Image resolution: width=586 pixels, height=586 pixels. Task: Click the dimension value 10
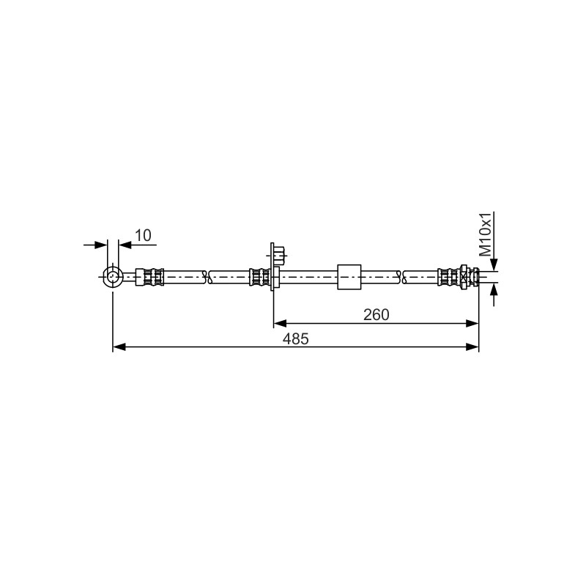coord(143,235)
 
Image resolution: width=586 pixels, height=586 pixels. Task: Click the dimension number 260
coord(377,315)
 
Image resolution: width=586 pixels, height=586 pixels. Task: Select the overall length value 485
coord(296,339)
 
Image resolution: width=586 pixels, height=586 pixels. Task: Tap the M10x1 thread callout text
coord(486,234)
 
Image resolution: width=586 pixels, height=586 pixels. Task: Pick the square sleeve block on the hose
coord(349,277)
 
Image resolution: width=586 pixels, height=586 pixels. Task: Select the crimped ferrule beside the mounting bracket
coord(260,277)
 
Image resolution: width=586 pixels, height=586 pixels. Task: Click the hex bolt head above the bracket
coord(280,255)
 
